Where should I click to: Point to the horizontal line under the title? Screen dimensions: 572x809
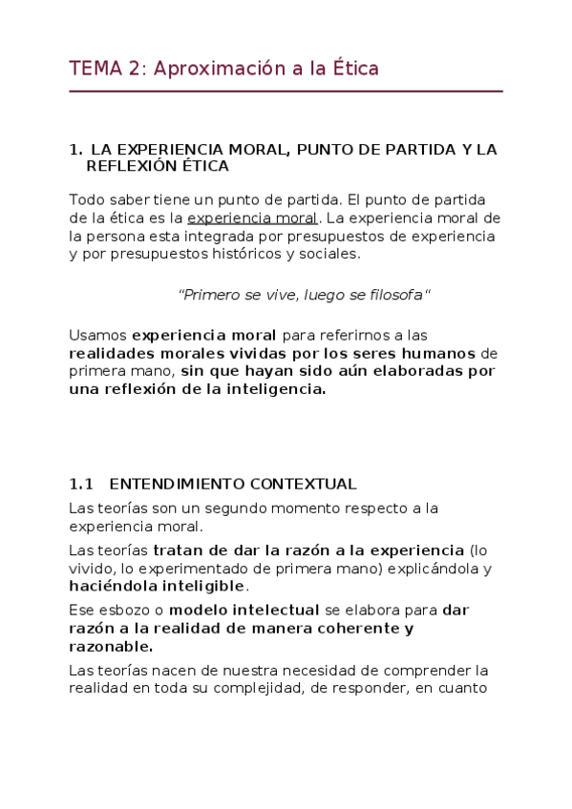click(x=286, y=92)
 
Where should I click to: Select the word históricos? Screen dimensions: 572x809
click(x=261, y=254)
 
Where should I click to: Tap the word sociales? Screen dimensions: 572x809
click(x=330, y=254)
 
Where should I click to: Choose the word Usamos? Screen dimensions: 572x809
click(x=98, y=335)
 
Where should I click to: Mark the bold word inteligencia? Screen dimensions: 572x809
click(x=276, y=389)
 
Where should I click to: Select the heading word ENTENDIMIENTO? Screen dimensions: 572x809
click(x=178, y=484)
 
